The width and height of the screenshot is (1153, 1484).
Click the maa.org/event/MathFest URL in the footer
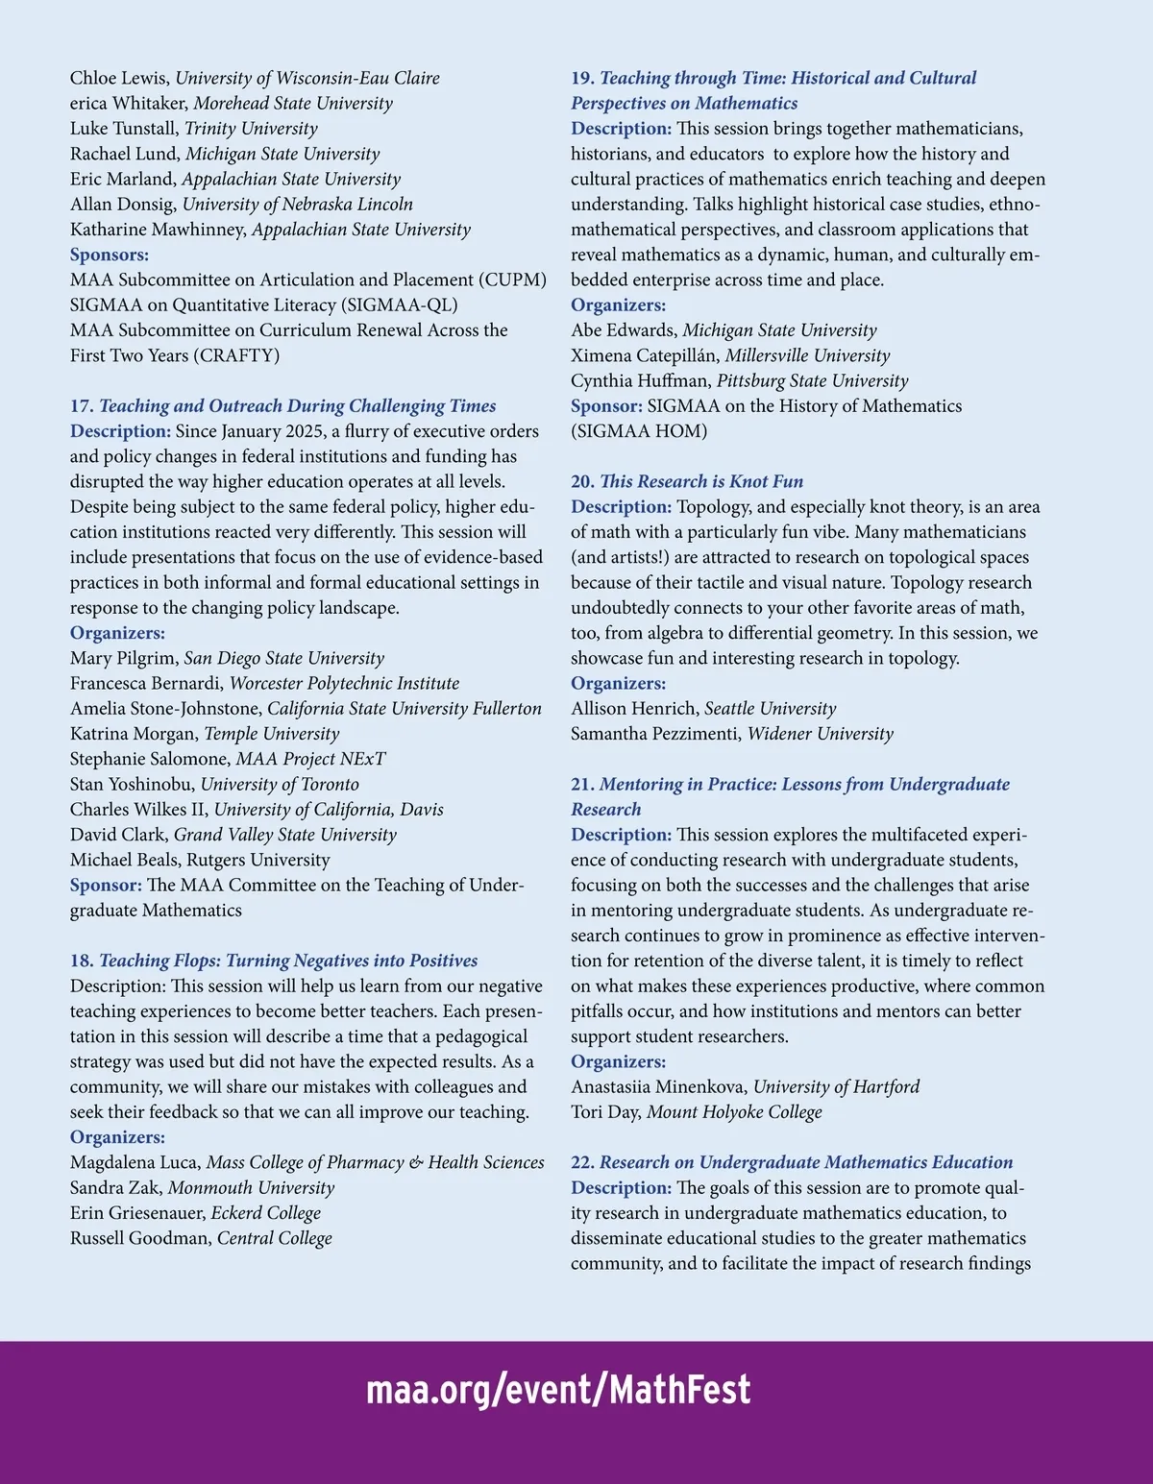click(x=558, y=1390)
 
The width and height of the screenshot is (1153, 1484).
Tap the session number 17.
click(x=82, y=406)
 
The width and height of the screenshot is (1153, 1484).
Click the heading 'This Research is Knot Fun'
click(x=701, y=481)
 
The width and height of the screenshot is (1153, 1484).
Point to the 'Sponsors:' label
click(x=110, y=255)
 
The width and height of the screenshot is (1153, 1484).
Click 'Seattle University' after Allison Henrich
click(x=770, y=709)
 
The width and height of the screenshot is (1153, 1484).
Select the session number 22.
click(x=582, y=1162)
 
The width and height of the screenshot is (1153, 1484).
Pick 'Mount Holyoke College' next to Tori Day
click(x=734, y=1112)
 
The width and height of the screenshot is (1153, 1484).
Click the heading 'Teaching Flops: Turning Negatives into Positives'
click(x=288, y=961)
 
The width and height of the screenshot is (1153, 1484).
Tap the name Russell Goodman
click(x=140, y=1238)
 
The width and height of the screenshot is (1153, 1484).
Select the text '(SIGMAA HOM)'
click(x=639, y=431)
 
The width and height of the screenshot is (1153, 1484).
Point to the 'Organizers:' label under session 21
click(x=618, y=1061)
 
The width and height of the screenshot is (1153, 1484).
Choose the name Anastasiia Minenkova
click(x=659, y=1087)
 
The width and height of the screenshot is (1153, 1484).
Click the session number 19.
click(x=582, y=79)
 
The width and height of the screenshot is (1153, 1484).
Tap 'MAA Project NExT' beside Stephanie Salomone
click(x=310, y=759)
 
